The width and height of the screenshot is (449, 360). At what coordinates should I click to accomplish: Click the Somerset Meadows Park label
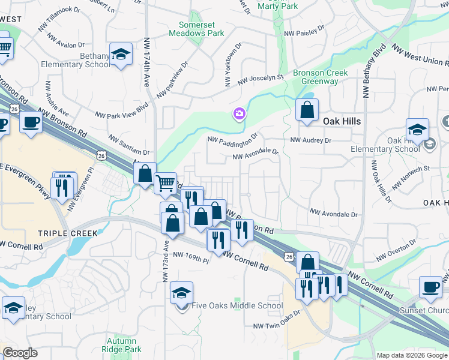[201, 29]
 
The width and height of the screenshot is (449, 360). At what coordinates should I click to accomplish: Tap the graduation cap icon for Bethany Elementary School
[121, 54]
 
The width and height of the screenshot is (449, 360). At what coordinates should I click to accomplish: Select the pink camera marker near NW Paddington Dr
[240, 113]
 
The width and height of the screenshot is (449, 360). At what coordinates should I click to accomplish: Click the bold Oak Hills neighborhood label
[342, 121]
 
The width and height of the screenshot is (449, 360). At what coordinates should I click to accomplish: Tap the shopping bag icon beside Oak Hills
[307, 110]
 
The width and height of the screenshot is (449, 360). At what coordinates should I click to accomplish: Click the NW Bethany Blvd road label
[371, 70]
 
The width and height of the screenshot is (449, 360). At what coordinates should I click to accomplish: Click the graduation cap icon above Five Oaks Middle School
[181, 293]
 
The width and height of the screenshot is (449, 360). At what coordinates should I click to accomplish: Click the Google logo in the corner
[20, 352]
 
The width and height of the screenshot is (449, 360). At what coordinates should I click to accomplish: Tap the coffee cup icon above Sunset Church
[430, 286]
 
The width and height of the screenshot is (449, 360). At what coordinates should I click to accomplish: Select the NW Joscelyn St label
[260, 79]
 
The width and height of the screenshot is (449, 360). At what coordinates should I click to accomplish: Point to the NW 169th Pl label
[190, 258]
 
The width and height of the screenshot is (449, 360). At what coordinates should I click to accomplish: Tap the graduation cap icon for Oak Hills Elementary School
[417, 128]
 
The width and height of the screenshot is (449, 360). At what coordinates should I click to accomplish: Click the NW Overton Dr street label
[397, 250]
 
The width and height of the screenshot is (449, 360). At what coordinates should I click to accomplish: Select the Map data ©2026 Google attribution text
[411, 355]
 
